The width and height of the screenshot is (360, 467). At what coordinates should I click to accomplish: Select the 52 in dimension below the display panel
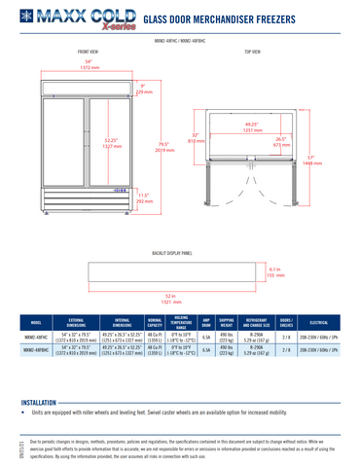(x=170, y=299)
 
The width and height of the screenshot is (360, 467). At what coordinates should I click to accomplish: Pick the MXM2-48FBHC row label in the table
(x=36, y=351)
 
